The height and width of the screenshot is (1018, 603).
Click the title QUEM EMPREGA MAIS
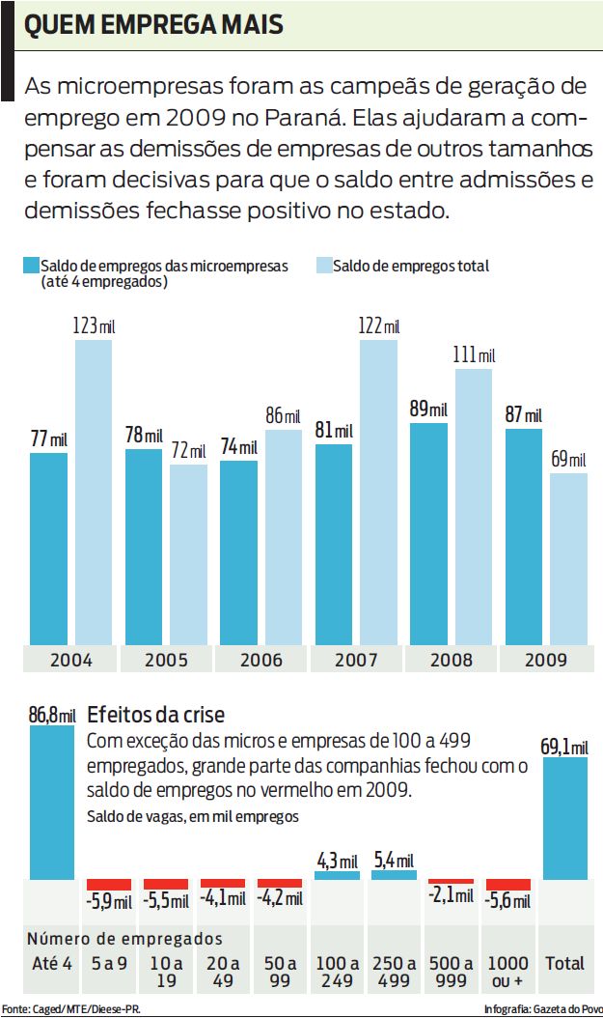click(154, 25)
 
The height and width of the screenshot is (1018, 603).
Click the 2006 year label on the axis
click(261, 661)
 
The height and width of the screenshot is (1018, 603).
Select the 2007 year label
click(356, 661)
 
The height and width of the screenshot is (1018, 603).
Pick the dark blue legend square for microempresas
click(31, 266)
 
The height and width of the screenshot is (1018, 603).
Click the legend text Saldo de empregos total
click(411, 266)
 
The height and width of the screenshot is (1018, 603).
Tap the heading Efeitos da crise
click(155, 716)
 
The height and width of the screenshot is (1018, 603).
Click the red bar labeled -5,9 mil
click(108, 884)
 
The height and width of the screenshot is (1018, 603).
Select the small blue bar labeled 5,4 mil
click(394, 875)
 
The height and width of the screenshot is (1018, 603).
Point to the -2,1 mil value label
click(451, 895)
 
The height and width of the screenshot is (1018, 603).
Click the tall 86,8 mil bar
click(51, 802)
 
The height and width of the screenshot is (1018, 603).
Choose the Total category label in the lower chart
click(564, 963)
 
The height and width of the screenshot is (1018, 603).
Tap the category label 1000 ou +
click(507, 972)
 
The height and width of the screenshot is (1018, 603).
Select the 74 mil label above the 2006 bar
click(238, 447)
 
